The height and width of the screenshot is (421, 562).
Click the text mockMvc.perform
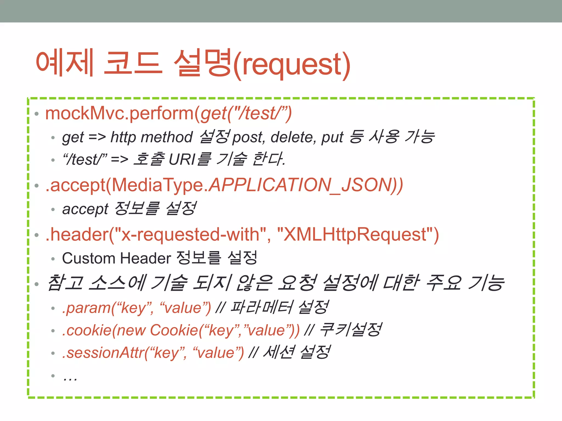119,113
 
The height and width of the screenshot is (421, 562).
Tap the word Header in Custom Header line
145,258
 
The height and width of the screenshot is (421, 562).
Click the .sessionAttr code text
103,353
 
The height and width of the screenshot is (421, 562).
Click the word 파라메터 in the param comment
262,307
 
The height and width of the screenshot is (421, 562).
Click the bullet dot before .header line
37,235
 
